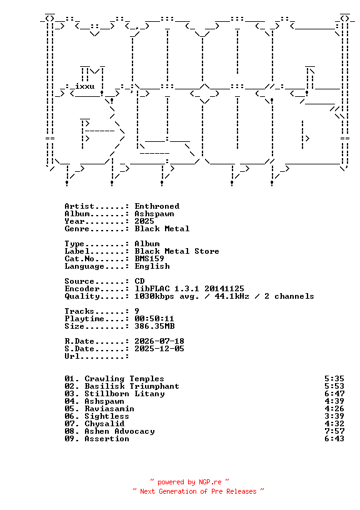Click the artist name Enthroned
pos(157,206)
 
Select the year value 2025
pos(144,221)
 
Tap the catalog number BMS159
pos(149,259)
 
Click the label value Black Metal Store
pos(177,251)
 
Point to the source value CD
pos(139,281)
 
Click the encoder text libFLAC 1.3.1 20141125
pos(189,289)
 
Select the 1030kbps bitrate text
pos(154,296)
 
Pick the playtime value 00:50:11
pos(154,318)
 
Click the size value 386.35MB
pos(154,326)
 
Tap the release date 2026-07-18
pos(159,341)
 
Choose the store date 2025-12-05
pos(159,348)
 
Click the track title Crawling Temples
pos(124,379)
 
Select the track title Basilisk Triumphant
pos(132,386)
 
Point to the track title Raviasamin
pos(109,409)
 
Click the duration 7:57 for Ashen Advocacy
pos(334,431)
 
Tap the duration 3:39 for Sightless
pos(334,416)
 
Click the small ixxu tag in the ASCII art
pos(84,86)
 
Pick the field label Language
pos(84,266)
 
